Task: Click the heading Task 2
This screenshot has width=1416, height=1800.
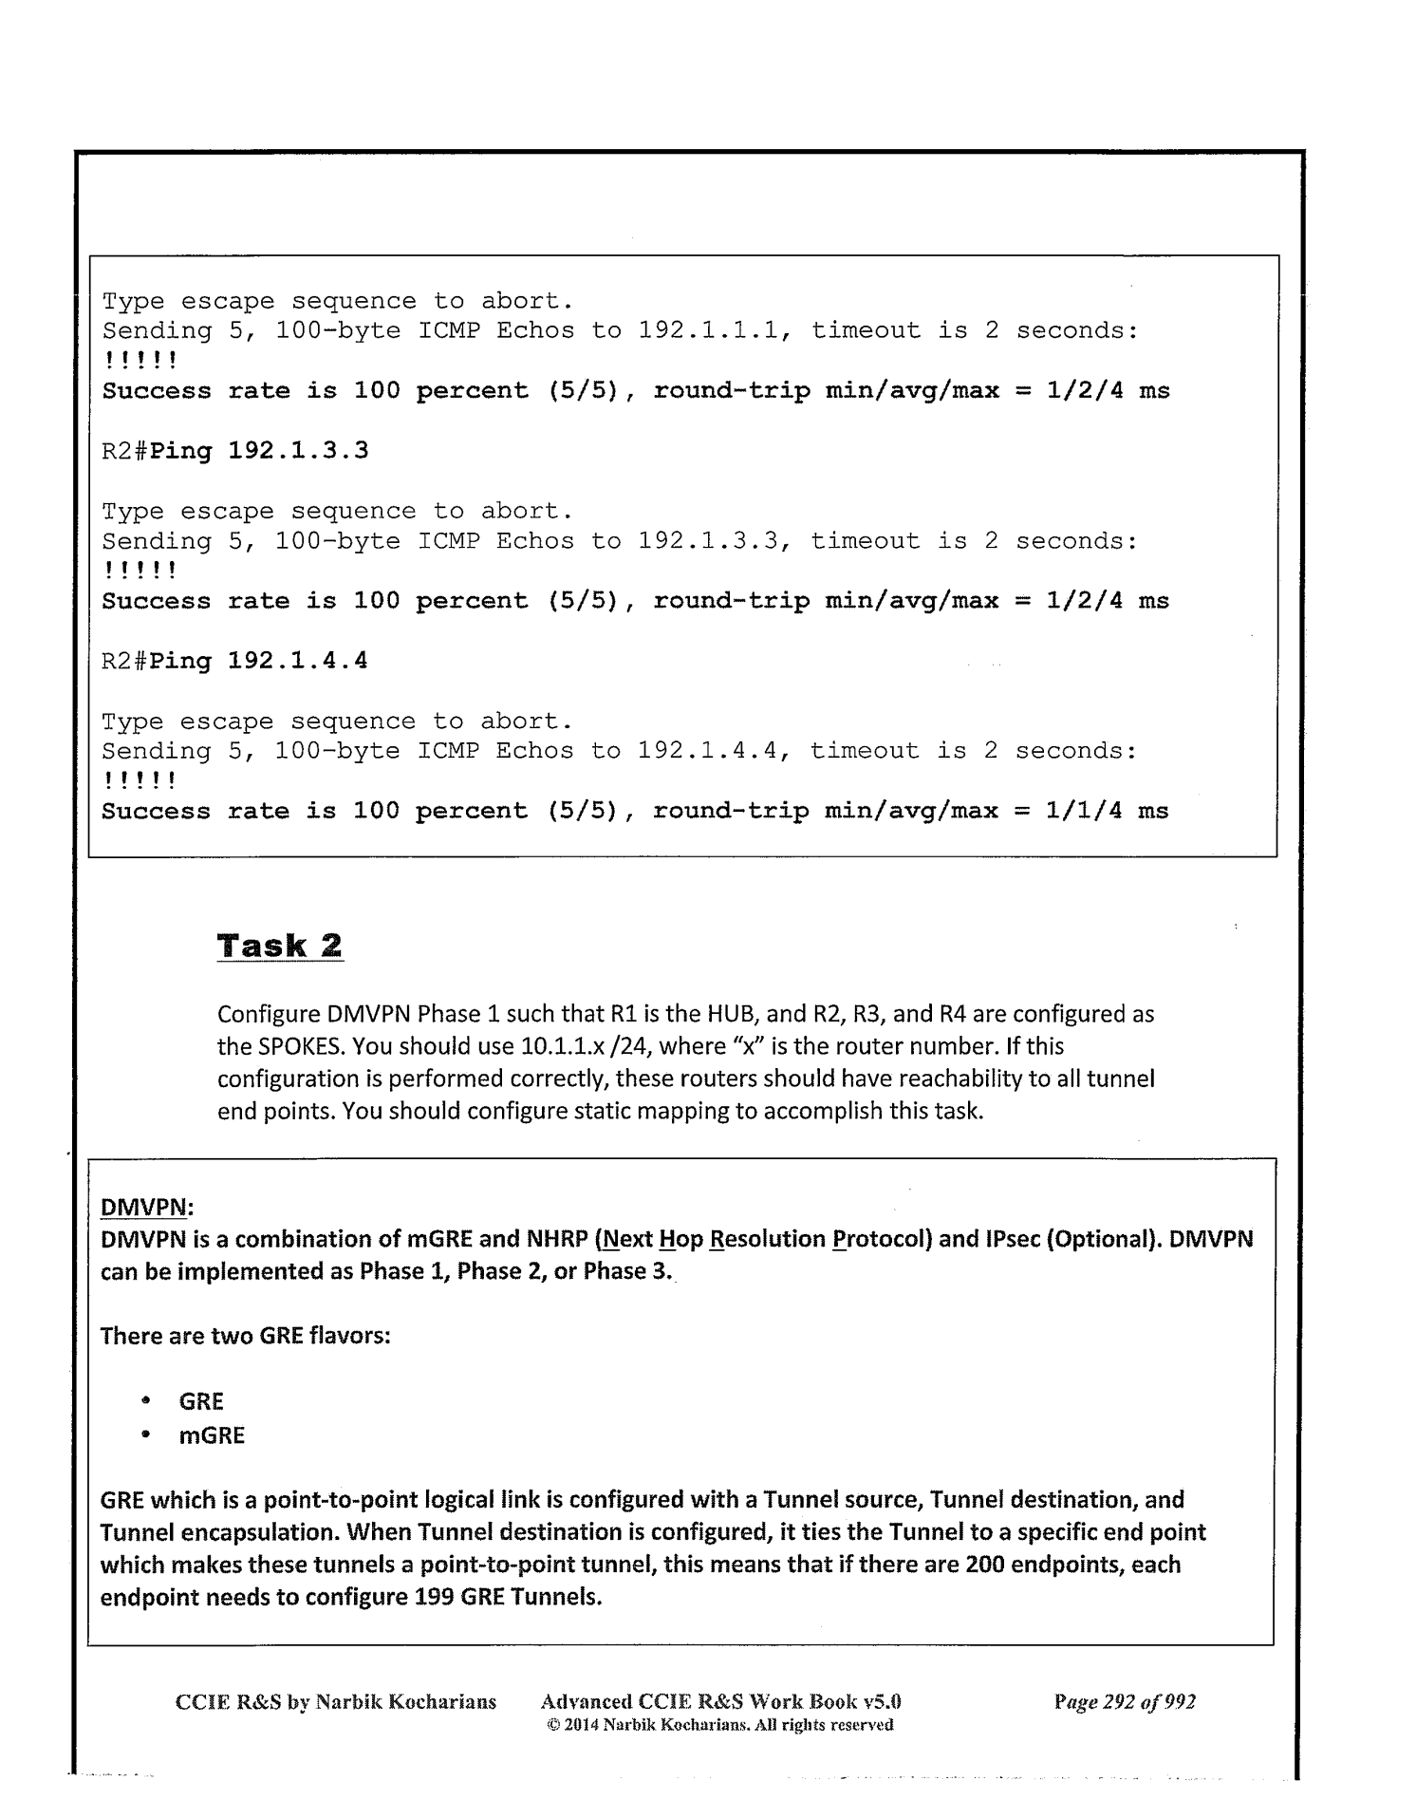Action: tap(280, 946)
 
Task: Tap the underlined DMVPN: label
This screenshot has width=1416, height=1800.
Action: tap(146, 1207)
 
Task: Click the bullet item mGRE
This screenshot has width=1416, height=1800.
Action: tap(212, 1434)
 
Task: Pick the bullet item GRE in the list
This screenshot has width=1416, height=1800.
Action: tap(201, 1401)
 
